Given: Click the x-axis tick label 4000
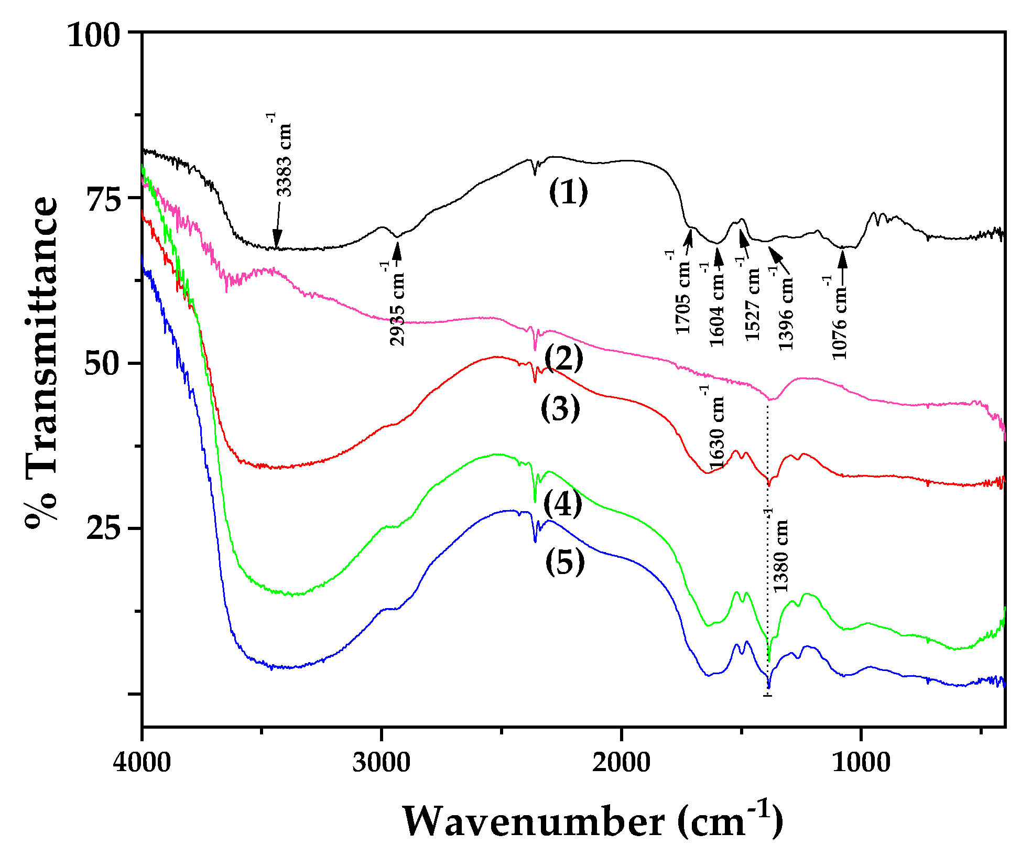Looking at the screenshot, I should tap(142, 762).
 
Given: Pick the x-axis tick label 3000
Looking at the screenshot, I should tap(381, 762).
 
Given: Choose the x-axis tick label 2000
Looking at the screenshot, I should tap(621, 762).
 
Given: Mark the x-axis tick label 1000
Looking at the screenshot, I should tap(861, 762).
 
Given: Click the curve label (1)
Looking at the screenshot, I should tap(569, 192).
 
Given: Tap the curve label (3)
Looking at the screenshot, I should tap(560, 408).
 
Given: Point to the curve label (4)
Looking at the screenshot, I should tap(562, 504).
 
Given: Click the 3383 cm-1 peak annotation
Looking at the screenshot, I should tap(283, 156).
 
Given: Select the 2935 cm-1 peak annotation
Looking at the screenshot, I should tap(397, 305).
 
